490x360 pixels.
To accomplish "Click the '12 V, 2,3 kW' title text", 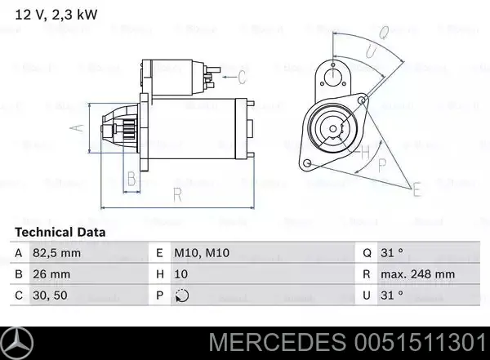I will coord(42,12).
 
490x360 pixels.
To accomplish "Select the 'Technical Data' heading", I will coord(60,233).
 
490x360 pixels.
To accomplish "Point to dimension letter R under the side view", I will coord(176,193).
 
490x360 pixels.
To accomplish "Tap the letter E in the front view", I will coord(416,189).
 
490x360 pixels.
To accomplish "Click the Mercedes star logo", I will coord(21,343).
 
